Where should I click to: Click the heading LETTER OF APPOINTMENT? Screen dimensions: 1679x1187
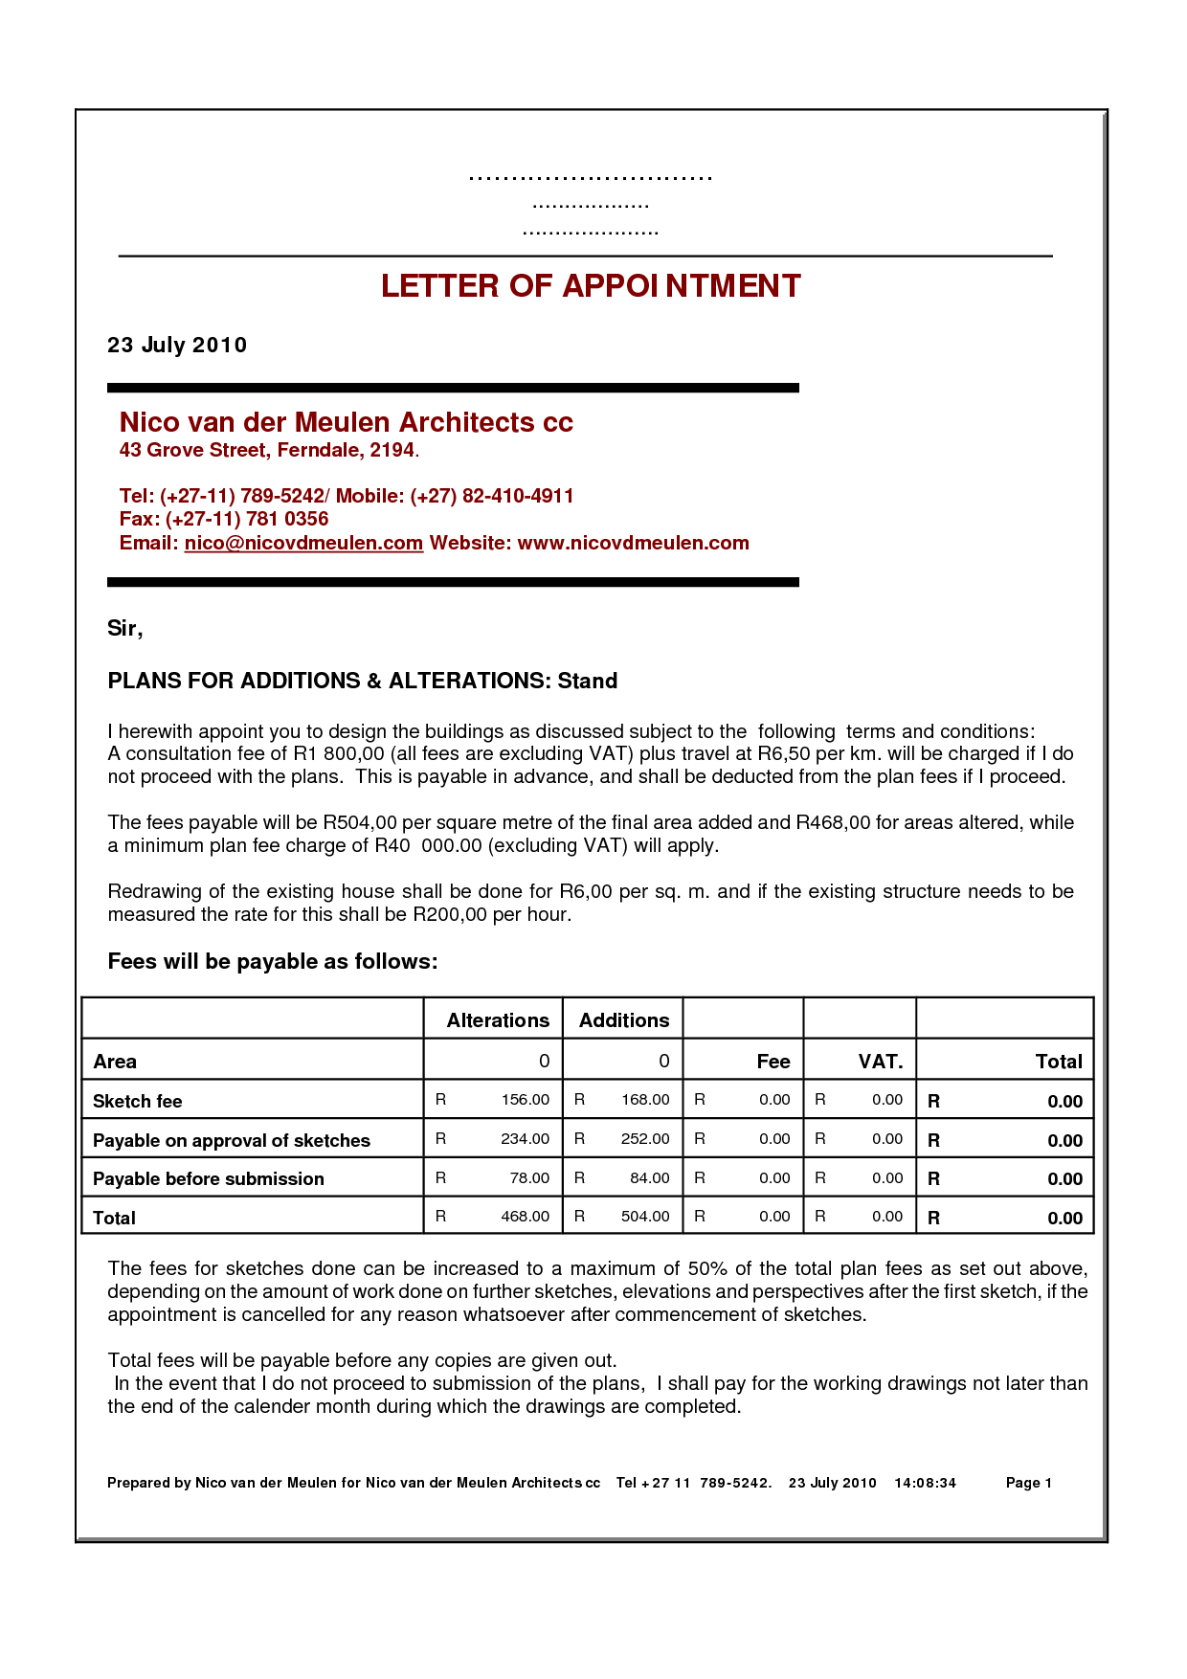[x=591, y=286]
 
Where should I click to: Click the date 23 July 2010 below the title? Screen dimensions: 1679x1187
[x=177, y=346]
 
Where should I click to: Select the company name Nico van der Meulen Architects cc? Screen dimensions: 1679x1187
[x=346, y=422]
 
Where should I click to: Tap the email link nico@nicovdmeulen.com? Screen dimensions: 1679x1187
[x=303, y=544]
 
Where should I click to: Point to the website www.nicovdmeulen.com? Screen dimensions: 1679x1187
[x=633, y=544]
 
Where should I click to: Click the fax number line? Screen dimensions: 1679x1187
[x=224, y=520]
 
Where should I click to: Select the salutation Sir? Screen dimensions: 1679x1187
[x=124, y=629]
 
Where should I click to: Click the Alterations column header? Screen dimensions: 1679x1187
[x=498, y=1020]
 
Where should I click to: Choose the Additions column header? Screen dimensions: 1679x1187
[x=624, y=1020]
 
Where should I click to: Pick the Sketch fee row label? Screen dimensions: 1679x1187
[x=138, y=1102]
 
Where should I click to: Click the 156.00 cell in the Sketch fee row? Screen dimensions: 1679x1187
[x=526, y=1100]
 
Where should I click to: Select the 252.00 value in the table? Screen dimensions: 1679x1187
[x=645, y=1139]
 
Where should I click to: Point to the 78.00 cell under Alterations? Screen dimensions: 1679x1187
[x=529, y=1178]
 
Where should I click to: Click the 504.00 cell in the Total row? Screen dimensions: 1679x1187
[x=645, y=1217]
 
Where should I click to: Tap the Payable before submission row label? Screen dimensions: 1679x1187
[x=209, y=1179]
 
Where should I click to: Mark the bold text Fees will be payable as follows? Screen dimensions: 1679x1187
[x=273, y=962]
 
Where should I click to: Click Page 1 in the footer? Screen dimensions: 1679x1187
[x=1028, y=1483]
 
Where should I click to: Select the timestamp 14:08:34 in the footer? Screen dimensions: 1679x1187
[x=925, y=1483]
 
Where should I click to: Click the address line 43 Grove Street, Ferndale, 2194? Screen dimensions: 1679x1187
[x=268, y=451]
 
